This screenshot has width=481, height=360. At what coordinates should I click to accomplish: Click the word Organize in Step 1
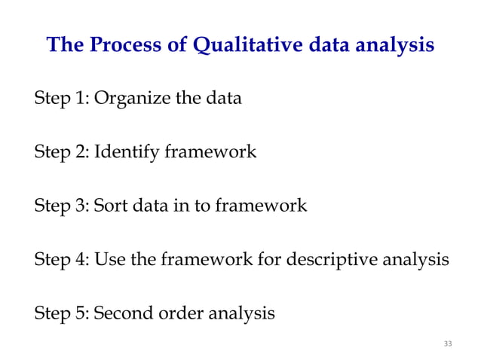(x=128, y=99)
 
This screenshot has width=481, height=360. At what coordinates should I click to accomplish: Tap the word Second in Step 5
(x=122, y=312)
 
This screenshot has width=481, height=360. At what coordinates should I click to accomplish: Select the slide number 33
(x=448, y=344)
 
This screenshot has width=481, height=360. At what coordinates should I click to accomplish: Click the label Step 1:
(x=61, y=99)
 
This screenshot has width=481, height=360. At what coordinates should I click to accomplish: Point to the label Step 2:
(x=61, y=154)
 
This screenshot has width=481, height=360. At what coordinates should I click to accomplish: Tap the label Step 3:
(x=61, y=206)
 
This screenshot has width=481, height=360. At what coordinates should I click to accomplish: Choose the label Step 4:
(x=61, y=260)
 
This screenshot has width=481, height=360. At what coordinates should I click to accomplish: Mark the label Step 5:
(x=61, y=312)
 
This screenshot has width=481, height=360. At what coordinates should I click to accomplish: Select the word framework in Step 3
(x=260, y=206)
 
